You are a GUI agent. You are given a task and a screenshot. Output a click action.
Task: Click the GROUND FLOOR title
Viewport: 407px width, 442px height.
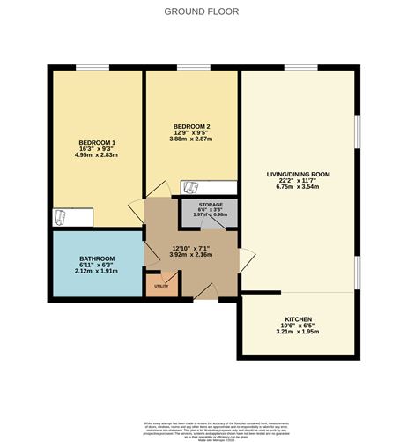click(x=203, y=11)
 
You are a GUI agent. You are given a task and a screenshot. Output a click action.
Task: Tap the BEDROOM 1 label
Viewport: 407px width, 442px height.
click(x=97, y=142)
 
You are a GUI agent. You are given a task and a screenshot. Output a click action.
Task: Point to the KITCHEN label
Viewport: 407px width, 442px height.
click(x=298, y=319)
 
